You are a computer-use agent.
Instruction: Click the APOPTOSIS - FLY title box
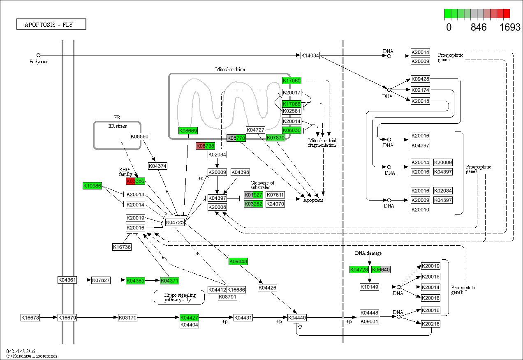coord(51,24)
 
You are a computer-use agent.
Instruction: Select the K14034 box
coord(310,55)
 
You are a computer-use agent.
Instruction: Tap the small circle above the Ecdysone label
coord(38,55)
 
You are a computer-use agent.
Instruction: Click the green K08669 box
coord(188,131)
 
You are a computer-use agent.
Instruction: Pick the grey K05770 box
coord(236,138)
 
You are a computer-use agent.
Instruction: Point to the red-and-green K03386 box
coord(135,181)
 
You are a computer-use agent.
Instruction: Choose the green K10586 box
coord(92,186)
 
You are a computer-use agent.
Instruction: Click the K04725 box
coord(175,222)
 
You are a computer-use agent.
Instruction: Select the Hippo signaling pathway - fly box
coord(179,297)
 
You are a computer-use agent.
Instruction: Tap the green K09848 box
coord(238,261)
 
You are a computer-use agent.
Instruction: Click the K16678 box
coord(30,318)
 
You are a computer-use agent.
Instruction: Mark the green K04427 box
coord(190,318)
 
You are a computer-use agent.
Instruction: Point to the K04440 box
coord(297,318)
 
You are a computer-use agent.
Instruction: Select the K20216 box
coord(430,324)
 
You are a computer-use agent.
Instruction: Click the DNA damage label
coord(368,253)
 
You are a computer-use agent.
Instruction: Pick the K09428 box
coord(420,79)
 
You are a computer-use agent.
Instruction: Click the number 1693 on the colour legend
coord(510,28)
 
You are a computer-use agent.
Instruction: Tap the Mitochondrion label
coord(230,69)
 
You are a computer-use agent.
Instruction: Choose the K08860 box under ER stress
coord(139,136)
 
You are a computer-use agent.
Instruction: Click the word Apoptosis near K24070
coord(313,200)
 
